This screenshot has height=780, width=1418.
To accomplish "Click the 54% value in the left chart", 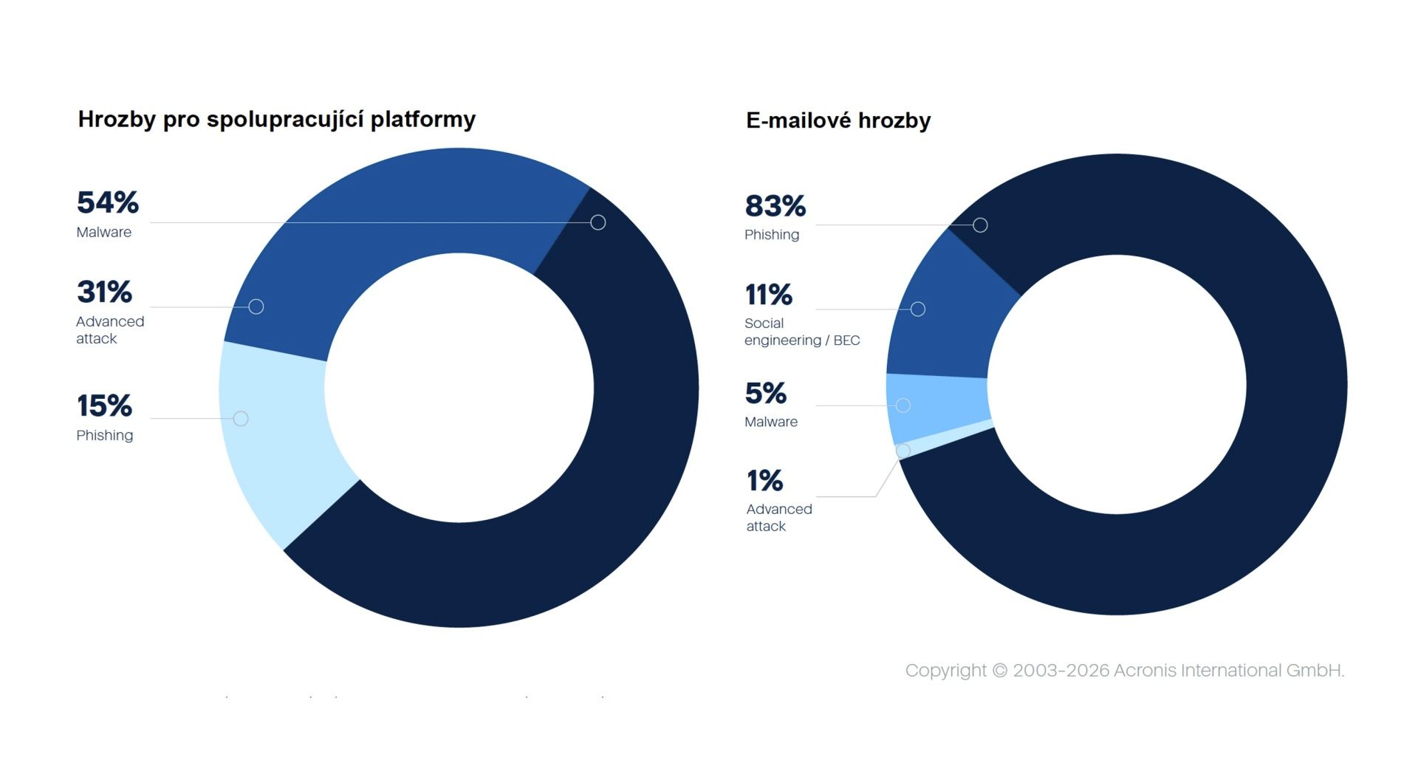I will point(108,202).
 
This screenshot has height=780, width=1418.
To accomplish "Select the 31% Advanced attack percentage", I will point(105,292).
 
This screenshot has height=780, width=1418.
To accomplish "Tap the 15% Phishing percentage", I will point(105,406).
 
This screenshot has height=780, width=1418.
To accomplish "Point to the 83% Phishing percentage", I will point(775,206).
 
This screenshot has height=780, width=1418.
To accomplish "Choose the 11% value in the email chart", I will point(769,295).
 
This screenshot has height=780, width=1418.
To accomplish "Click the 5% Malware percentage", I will point(766,393).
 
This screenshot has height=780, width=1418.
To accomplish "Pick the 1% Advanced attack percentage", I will point(765,481).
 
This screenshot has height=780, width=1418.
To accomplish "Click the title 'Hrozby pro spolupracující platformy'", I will point(277,119).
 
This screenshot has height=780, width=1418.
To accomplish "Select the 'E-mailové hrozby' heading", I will point(838,120).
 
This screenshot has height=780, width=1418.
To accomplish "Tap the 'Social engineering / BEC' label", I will point(802,332).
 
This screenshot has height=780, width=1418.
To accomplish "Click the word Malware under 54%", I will point(104,232).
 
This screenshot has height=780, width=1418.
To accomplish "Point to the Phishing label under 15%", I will point(105,435).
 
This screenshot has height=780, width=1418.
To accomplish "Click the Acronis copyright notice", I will point(1125,670).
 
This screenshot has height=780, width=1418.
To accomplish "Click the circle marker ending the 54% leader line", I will point(598,222).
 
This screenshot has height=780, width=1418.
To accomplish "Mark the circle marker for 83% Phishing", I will point(980,225).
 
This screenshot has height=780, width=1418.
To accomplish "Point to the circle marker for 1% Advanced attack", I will point(902,451).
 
